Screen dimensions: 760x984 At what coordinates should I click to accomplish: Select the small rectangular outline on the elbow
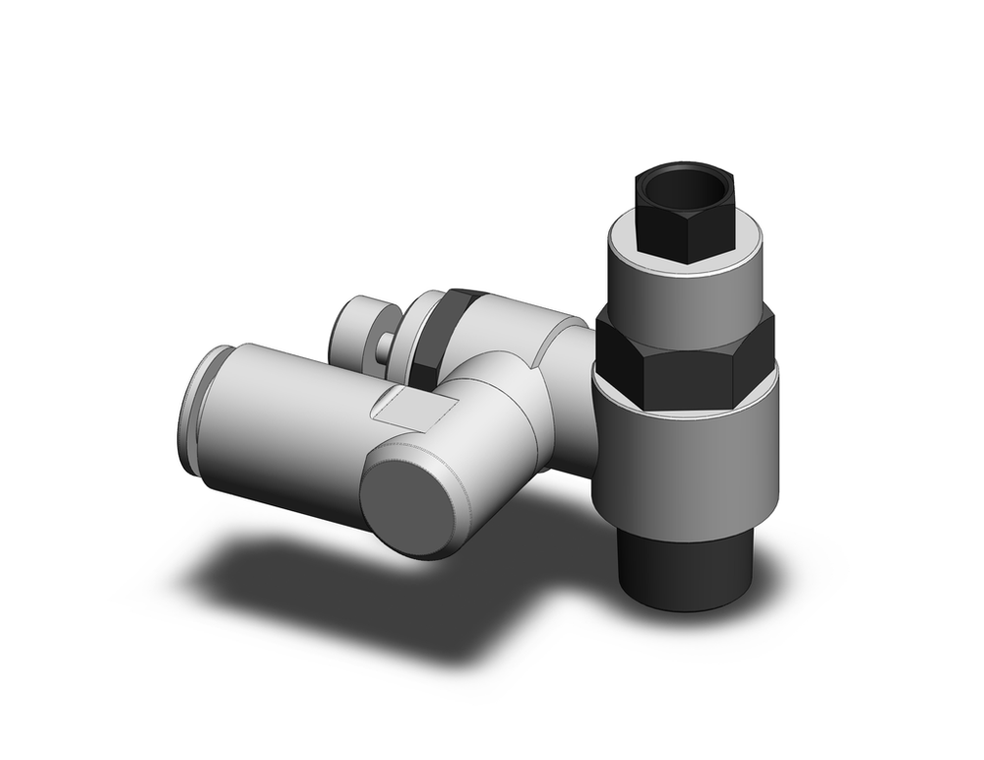point(413,408)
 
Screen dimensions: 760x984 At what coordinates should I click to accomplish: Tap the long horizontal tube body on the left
point(285,423)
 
